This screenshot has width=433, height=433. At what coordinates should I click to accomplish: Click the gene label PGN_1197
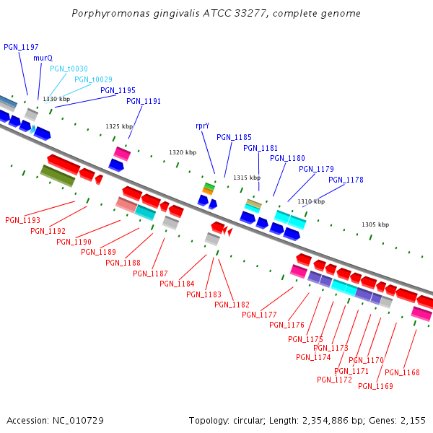21,47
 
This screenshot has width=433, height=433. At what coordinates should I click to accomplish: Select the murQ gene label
43,58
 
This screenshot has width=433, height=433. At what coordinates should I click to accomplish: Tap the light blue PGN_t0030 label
68,69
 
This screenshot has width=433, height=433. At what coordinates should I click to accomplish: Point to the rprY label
202,126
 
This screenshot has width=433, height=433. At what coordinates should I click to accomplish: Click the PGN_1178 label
346,180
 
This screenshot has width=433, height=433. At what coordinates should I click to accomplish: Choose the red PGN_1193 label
22,220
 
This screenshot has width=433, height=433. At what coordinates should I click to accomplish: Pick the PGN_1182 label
232,305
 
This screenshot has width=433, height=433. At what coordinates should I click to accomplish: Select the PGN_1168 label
402,372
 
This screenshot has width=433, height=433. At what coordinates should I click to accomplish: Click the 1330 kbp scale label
56,99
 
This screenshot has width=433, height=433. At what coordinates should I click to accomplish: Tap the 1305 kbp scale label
375,224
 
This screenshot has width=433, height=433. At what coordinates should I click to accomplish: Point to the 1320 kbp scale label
183,152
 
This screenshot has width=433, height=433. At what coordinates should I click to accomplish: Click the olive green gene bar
58,175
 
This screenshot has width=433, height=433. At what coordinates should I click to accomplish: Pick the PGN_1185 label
234,137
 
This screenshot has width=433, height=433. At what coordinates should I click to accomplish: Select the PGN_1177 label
259,315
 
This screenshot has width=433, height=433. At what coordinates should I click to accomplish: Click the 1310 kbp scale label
311,201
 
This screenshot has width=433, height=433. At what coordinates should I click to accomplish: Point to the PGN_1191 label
144,101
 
